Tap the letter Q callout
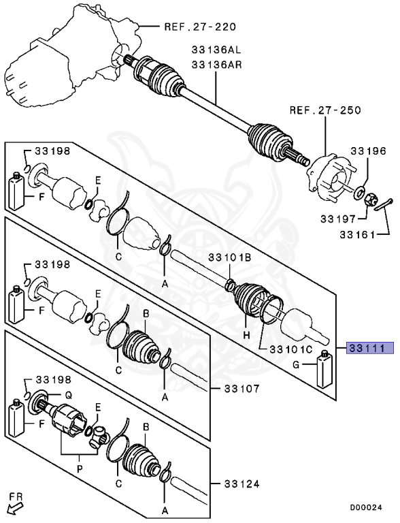[x=68, y=394]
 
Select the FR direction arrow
[x=14, y=503]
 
